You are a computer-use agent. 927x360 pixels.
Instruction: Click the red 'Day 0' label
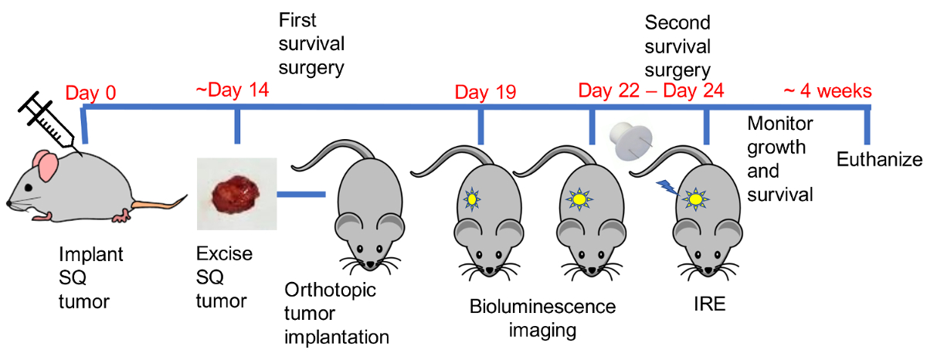tap(90, 93)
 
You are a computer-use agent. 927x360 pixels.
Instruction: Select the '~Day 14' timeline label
tap(232, 90)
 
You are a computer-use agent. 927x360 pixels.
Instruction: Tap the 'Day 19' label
tap(484, 93)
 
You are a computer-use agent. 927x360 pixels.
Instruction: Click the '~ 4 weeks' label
tap(827, 91)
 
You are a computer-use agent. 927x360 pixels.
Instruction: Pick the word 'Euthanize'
tap(880, 160)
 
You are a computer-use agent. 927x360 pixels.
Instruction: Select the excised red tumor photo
tap(236, 192)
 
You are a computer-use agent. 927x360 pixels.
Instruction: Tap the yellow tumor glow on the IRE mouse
tap(694, 199)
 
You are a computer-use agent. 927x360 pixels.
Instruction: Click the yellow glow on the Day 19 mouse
tap(471, 199)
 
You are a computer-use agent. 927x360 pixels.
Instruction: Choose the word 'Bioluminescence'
tap(542, 307)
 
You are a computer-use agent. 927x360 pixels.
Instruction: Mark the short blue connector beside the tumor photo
tap(301, 193)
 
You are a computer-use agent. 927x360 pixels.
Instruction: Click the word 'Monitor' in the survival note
tap(780, 124)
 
